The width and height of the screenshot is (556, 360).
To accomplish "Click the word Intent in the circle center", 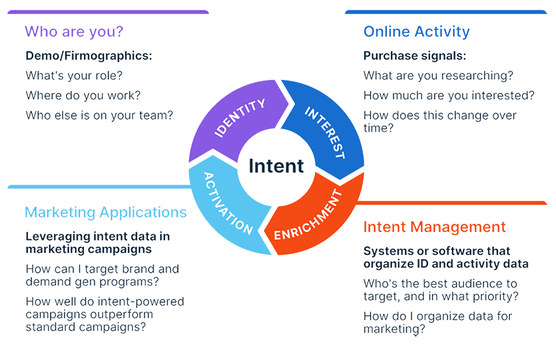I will (x=276, y=166).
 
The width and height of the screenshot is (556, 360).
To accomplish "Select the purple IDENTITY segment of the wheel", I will (x=239, y=118).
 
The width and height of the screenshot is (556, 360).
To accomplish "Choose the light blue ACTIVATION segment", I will (x=226, y=203).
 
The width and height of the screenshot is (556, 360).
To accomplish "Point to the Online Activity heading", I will (x=416, y=31).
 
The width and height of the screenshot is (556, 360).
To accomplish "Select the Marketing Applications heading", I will (x=106, y=212).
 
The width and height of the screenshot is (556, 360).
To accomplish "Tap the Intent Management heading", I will (x=434, y=227).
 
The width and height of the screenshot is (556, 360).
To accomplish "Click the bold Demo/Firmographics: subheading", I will (x=89, y=56).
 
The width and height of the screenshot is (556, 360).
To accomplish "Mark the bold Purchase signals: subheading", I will (x=415, y=56).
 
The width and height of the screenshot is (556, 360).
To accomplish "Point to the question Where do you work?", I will (x=83, y=95).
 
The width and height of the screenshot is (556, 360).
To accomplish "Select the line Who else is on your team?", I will (x=99, y=114).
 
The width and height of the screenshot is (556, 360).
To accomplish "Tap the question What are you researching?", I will (x=438, y=76).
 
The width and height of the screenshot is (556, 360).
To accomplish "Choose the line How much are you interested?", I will (x=449, y=95).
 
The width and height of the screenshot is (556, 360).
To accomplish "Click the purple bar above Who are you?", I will (x=109, y=12).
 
